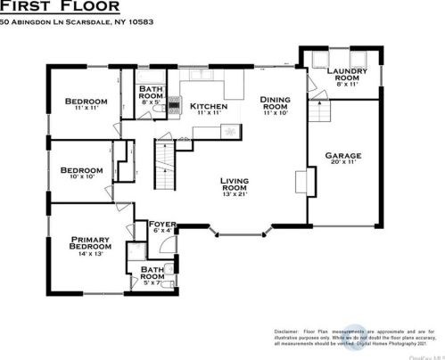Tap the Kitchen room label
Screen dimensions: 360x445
point(208,109)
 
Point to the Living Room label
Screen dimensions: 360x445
point(235,186)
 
